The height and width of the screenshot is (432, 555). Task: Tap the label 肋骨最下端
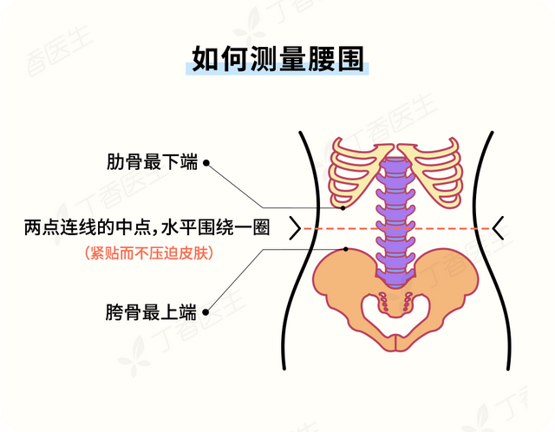point(153,162)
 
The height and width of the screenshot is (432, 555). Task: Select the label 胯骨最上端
point(153,310)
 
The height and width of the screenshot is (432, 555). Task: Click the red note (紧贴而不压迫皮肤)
point(149,253)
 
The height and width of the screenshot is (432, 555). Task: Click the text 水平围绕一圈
point(218,228)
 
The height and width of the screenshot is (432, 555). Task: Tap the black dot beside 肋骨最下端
point(206,162)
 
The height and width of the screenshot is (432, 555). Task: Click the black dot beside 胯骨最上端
point(206,310)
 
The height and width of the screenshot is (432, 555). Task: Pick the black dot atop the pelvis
point(346,250)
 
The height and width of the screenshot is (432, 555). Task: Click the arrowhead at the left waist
point(295,228)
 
